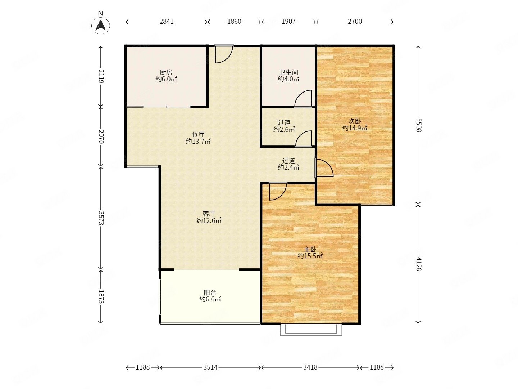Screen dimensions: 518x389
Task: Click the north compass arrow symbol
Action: [x=100, y=25]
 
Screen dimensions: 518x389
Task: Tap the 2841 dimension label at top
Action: [x=167, y=22]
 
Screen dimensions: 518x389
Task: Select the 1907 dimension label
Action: [x=288, y=22]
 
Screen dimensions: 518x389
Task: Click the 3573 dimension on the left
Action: [x=101, y=218]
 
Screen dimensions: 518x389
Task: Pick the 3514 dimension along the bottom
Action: [x=210, y=367]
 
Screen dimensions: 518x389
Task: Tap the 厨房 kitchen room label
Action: [x=166, y=72]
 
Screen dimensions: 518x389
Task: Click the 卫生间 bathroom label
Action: [x=288, y=72]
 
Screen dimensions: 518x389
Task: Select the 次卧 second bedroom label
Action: [x=355, y=121]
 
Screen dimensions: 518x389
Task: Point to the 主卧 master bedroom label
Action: [x=310, y=249]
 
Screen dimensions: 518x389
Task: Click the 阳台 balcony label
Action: [x=210, y=292]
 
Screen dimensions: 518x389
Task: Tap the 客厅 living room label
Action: [x=209, y=214]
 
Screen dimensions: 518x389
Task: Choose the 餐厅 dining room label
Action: [x=198, y=135]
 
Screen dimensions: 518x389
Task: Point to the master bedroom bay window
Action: [x=311, y=330]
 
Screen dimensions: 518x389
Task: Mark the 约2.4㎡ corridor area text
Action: [x=288, y=167]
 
